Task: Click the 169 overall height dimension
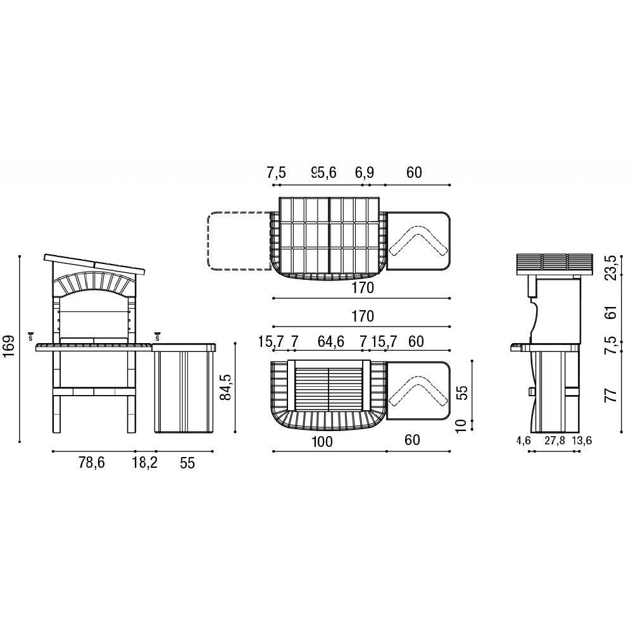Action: [9, 346]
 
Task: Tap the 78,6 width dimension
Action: [92, 463]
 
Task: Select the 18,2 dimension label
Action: [144, 463]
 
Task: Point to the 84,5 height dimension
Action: [225, 387]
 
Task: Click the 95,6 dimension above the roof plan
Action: [323, 173]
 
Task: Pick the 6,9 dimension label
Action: [365, 173]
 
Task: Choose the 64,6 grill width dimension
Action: [330, 342]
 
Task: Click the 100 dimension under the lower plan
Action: [322, 441]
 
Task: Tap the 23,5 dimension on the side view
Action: [613, 267]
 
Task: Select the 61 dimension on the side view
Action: [613, 313]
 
